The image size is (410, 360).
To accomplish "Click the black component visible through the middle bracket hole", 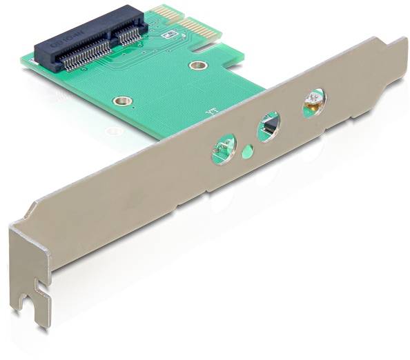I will pos(271,125).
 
